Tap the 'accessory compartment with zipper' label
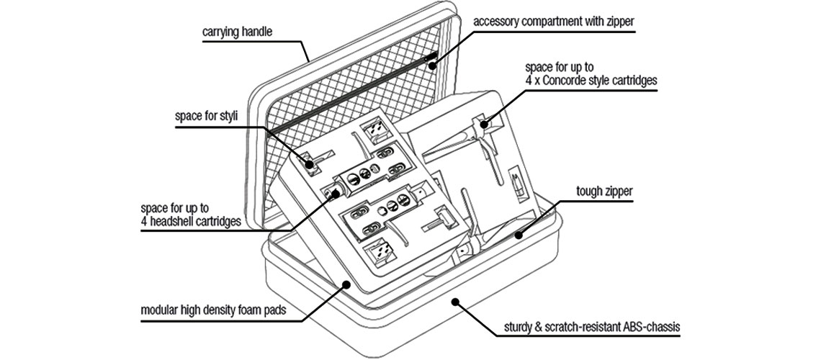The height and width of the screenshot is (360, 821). click(x=553, y=21)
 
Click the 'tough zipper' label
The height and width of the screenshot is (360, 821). click(x=605, y=192)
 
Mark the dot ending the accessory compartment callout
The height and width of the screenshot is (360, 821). click(x=434, y=67)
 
